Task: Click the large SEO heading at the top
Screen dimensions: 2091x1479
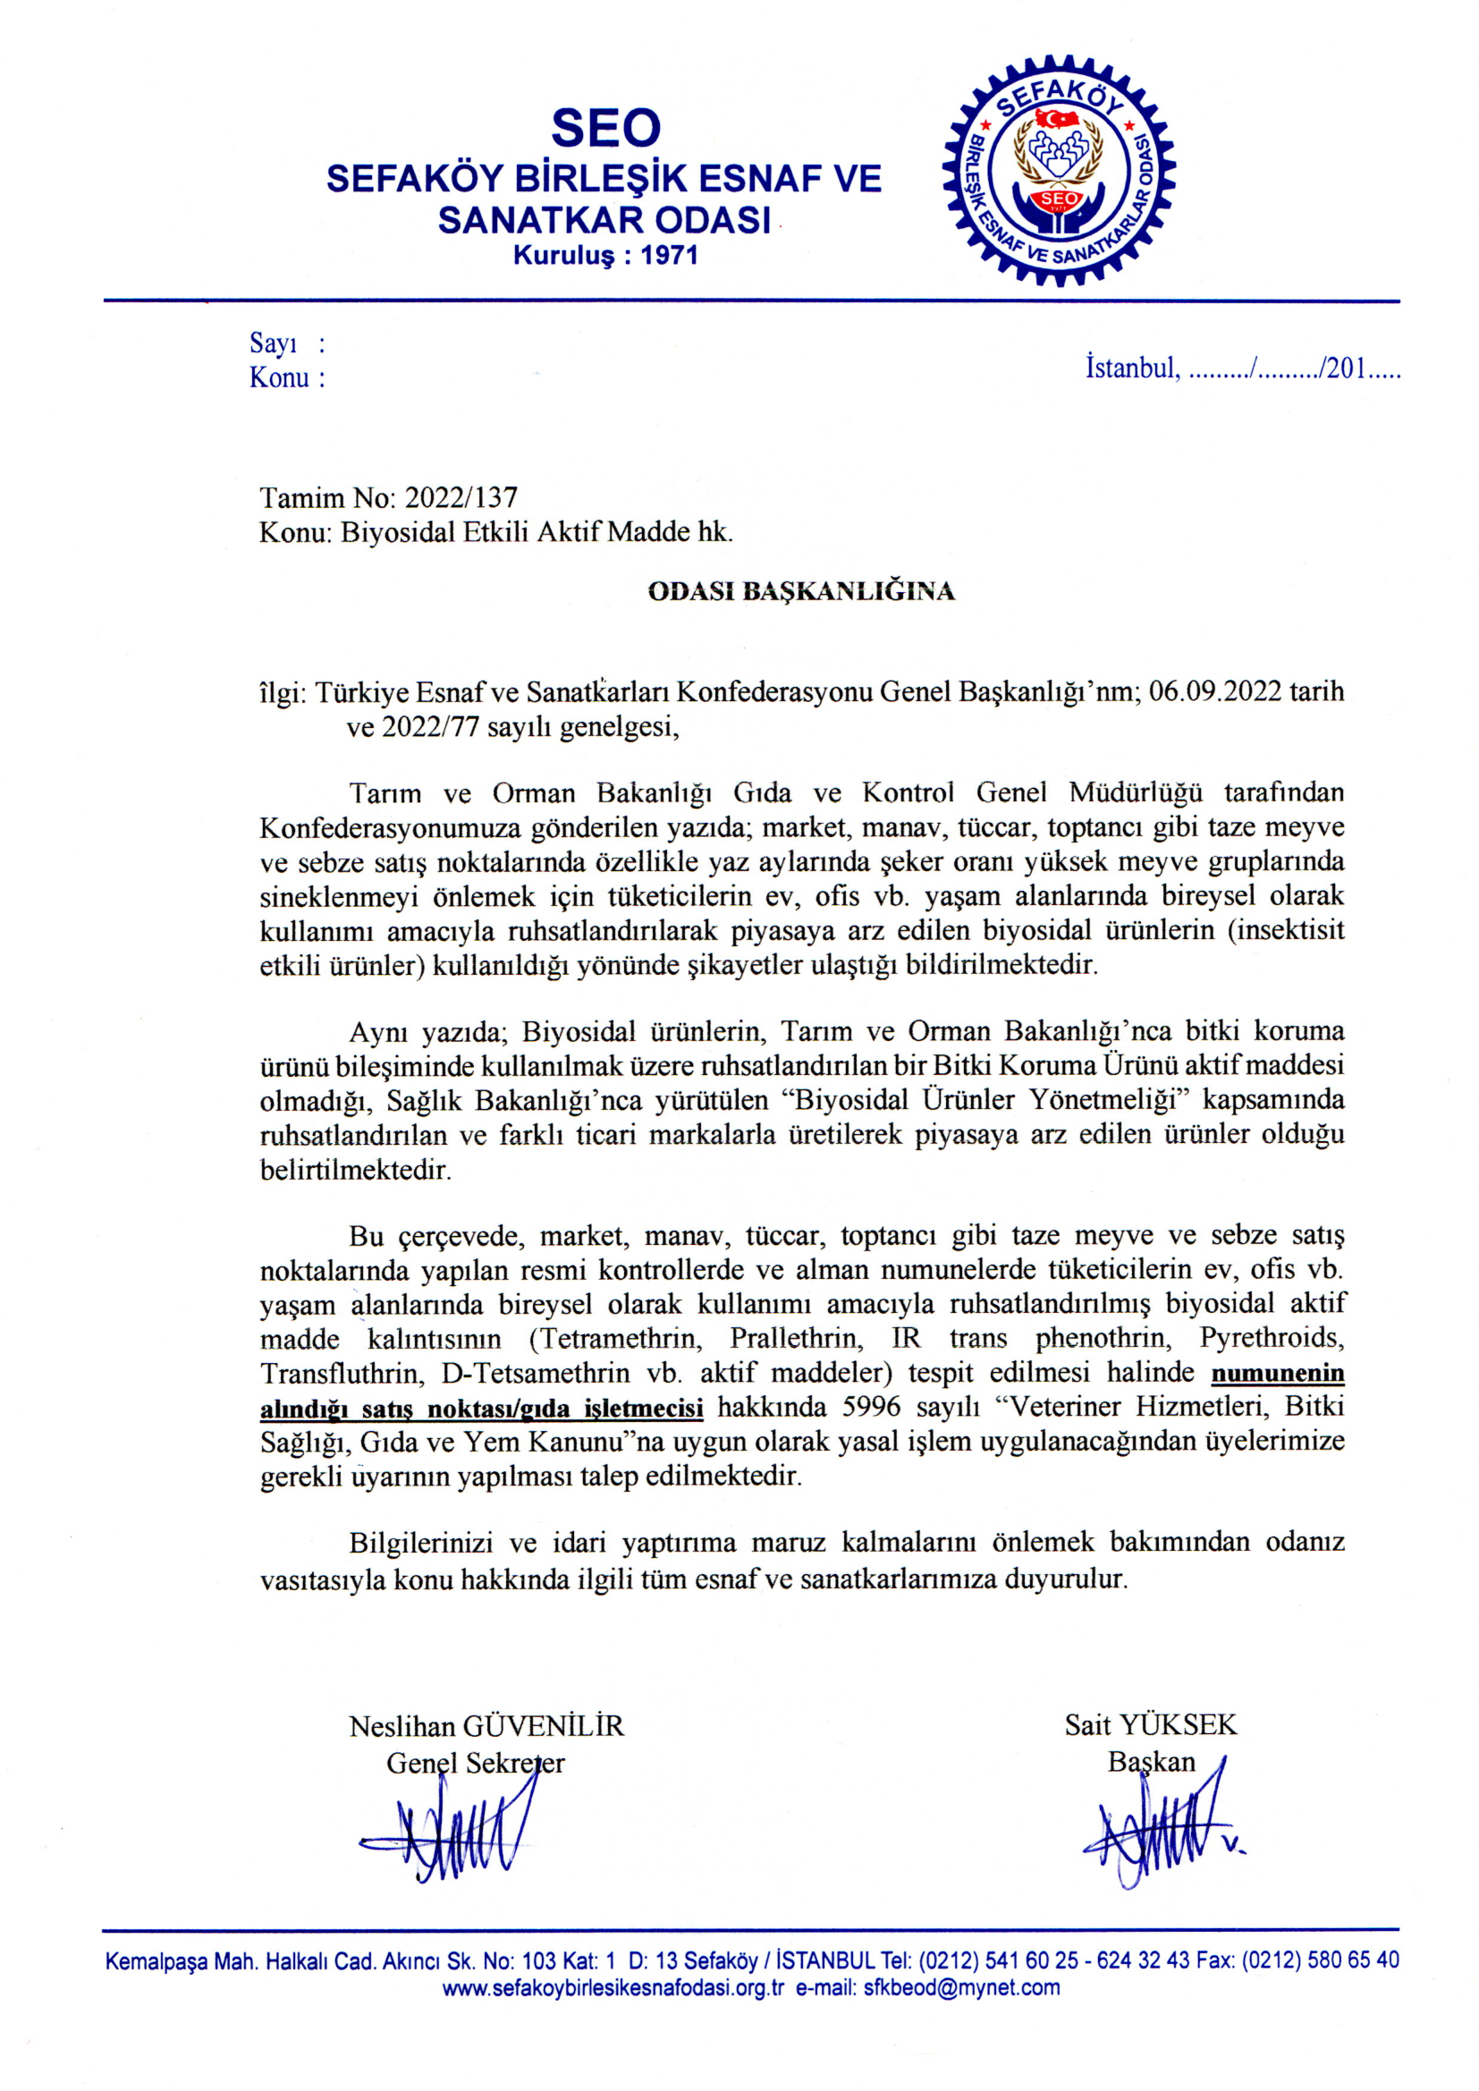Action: pos(605,128)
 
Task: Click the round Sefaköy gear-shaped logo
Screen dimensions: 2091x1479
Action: pos(1058,171)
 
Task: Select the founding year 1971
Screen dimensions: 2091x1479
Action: pos(670,255)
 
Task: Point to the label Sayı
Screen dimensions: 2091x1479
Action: pos(274,343)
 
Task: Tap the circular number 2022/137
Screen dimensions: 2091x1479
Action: pos(461,498)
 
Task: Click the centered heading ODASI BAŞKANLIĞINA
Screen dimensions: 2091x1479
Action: pos(800,592)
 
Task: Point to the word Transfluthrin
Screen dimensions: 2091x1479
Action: pos(341,1373)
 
